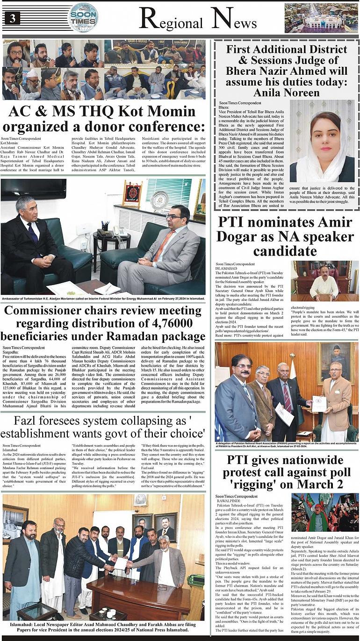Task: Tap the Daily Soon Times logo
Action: [83, 17]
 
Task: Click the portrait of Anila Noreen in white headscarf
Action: [322, 140]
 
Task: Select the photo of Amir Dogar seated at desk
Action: [324, 280]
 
